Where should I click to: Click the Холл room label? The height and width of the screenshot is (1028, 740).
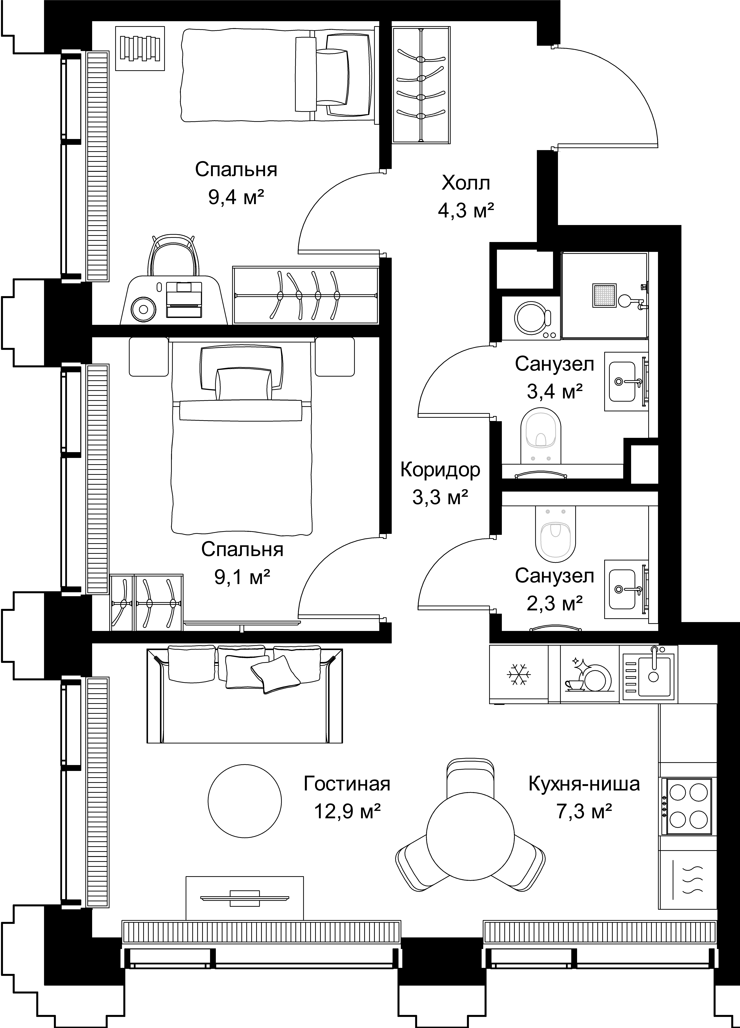pos(466,184)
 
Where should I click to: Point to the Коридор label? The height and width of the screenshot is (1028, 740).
pos(440,470)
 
